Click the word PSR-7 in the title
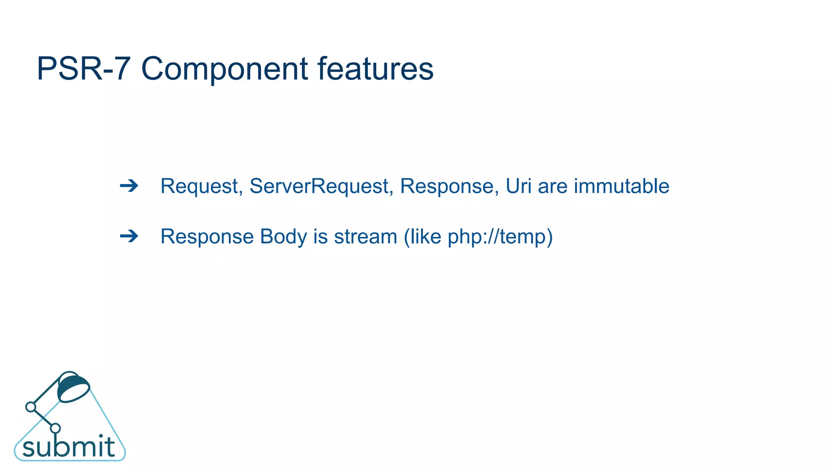point(83,69)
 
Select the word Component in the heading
point(224,69)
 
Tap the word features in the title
point(375,69)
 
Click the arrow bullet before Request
point(129,186)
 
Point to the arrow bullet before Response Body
point(129,236)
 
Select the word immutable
point(621,186)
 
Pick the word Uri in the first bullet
point(518,186)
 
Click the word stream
point(365,237)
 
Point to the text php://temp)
point(500,237)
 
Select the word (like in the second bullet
point(422,237)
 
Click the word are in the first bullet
point(553,187)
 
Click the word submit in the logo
point(68,447)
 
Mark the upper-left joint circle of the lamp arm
point(31,407)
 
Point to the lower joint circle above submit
point(55,428)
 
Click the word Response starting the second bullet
point(206,237)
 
